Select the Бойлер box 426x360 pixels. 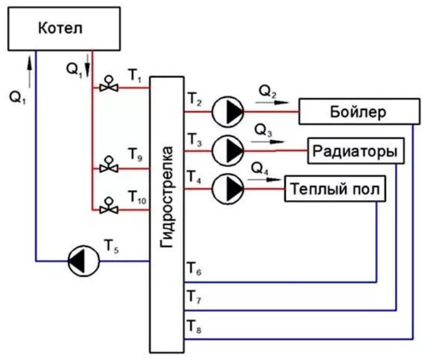(x=360, y=111)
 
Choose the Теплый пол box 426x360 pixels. (x=335, y=189)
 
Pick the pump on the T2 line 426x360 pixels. (x=227, y=111)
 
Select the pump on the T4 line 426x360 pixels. (x=227, y=188)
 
